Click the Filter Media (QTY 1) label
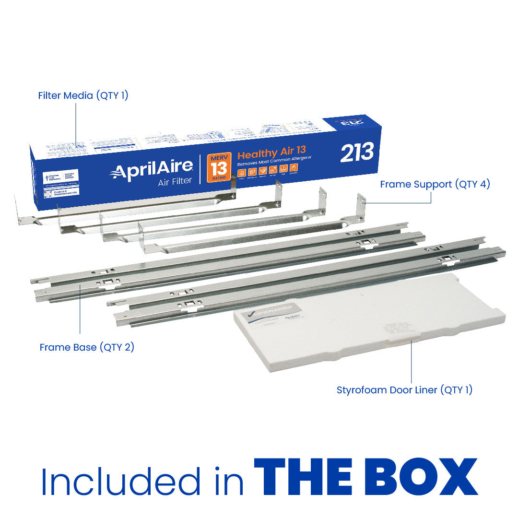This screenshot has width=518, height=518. click(83, 95)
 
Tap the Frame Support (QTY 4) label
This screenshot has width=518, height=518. click(435, 184)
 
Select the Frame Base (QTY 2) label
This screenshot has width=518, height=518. click(87, 347)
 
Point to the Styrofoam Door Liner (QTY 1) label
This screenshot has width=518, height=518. click(404, 390)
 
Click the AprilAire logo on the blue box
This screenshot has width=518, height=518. click(152, 171)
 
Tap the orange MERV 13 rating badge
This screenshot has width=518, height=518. click(219, 167)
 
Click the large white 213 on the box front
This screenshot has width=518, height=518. click(357, 153)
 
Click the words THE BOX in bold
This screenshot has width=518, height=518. click(365, 477)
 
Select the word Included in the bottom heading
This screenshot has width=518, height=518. click(120, 480)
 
